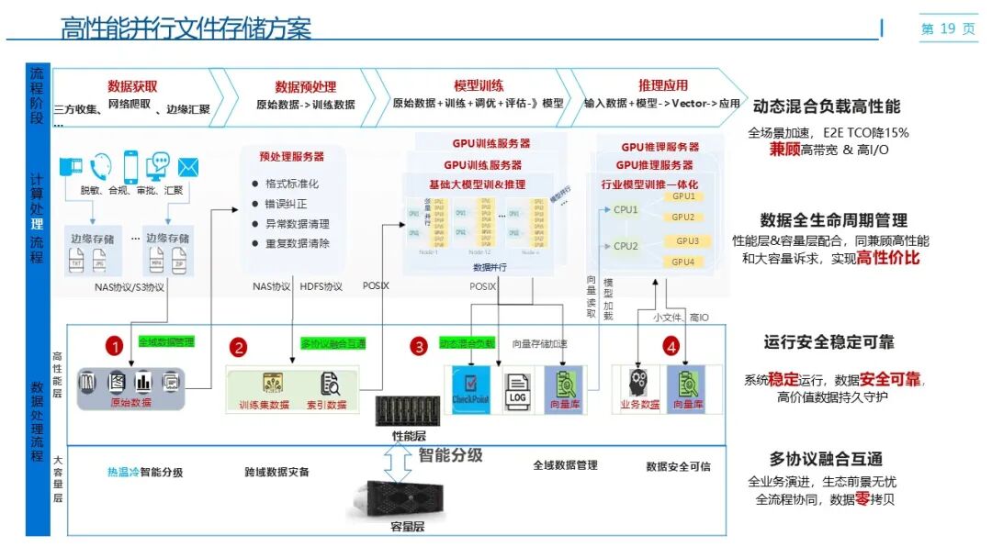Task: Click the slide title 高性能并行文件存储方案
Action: click(x=186, y=28)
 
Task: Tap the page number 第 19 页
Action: click(x=948, y=28)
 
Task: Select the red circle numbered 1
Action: click(x=114, y=346)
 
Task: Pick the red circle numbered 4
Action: click(x=671, y=347)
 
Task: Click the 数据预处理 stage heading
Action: click(x=305, y=87)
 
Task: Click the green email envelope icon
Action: click(x=188, y=166)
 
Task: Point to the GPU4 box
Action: click(x=682, y=262)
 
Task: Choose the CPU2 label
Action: click(x=626, y=246)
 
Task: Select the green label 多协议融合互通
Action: click(x=333, y=343)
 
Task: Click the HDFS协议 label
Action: click(x=321, y=286)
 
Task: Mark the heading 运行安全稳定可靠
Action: click(x=829, y=342)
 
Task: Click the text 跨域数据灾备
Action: click(x=276, y=472)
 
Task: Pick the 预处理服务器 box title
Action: click(x=291, y=157)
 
